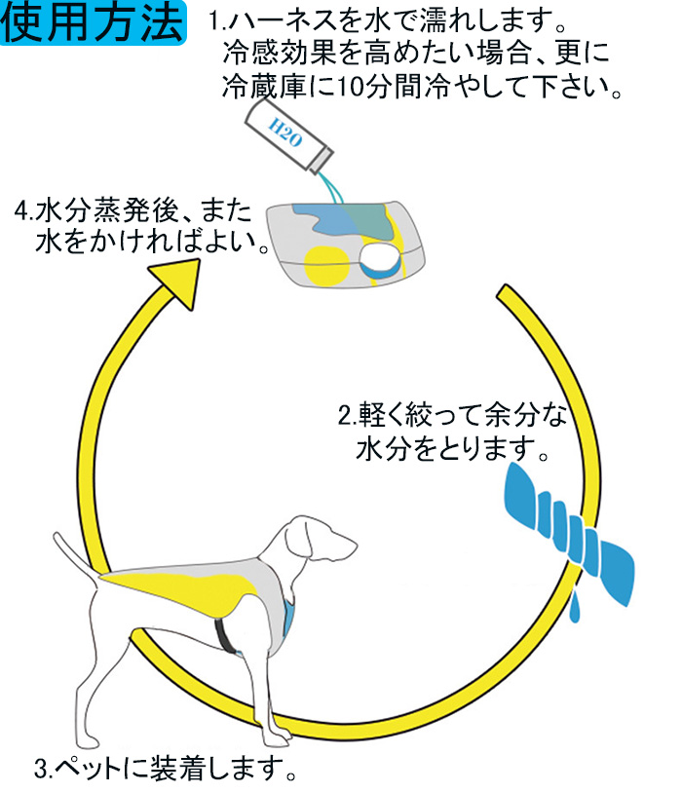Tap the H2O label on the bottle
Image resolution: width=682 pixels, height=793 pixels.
(x=284, y=133)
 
